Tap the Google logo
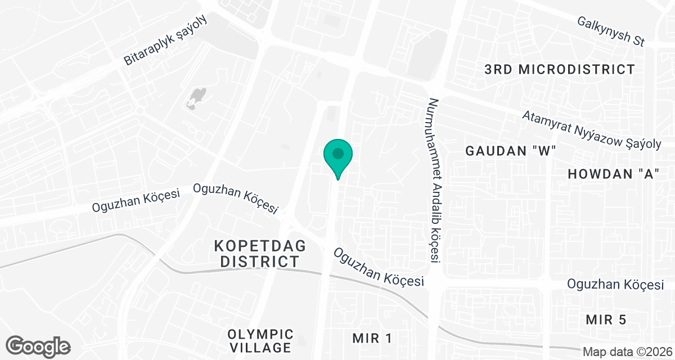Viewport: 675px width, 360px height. point(38,345)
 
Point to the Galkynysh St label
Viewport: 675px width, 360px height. point(610,31)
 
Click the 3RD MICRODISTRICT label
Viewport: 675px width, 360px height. point(560,70)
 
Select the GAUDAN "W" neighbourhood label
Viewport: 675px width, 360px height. point(511,151)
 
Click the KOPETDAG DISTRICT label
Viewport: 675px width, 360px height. point(259,254)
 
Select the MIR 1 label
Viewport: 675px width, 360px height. point(371,338)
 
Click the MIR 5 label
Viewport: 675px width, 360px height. point(605,320)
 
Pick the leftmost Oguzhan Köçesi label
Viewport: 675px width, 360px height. point(136,201)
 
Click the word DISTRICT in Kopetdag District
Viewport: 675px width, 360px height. point(259,262)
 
